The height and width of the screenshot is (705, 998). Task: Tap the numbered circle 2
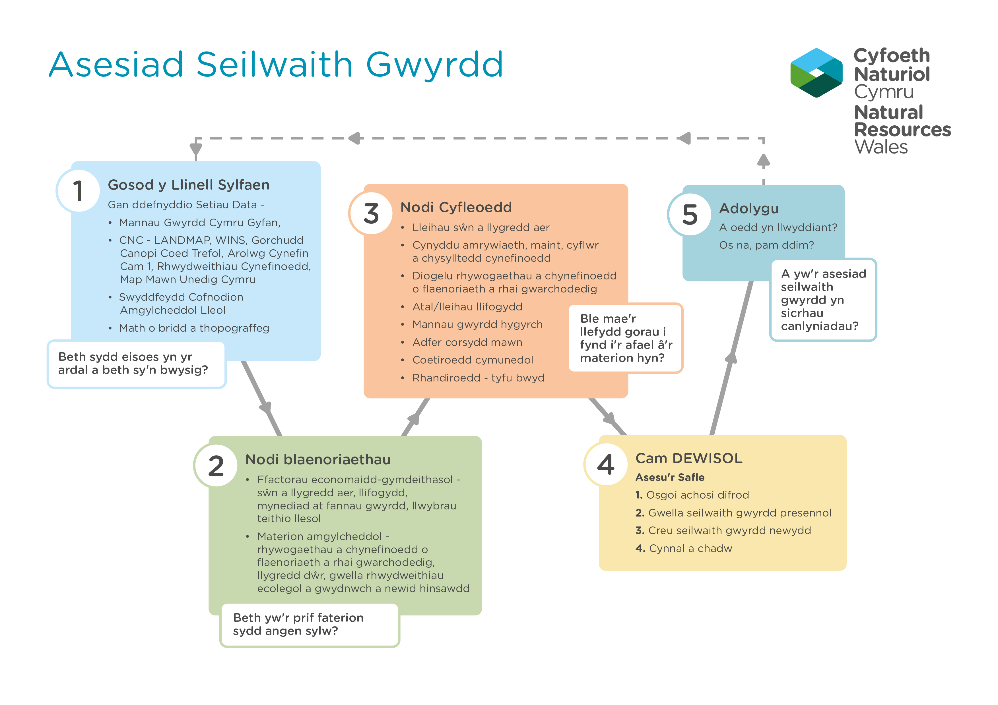[x=216, y=465]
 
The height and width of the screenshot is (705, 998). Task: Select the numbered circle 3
[x=371, y=213]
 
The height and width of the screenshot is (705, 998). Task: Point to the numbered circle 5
[x=690, y=214]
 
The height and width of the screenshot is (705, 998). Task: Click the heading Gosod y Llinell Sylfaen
[x=189, y=185]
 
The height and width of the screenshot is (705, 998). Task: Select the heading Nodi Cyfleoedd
[x=456, y=207]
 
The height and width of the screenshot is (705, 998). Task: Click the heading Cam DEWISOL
[x=689, y=458]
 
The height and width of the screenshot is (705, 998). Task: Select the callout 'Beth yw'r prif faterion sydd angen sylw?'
[x=310, y=625]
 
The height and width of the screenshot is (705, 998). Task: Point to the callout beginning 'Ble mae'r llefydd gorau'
[x=626, y=338]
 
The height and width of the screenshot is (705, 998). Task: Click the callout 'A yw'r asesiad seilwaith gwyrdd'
[x=823, y=300]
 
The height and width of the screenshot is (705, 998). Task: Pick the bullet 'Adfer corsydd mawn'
[x=467, y=342]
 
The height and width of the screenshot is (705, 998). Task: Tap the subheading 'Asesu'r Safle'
[x=670, y=477]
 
